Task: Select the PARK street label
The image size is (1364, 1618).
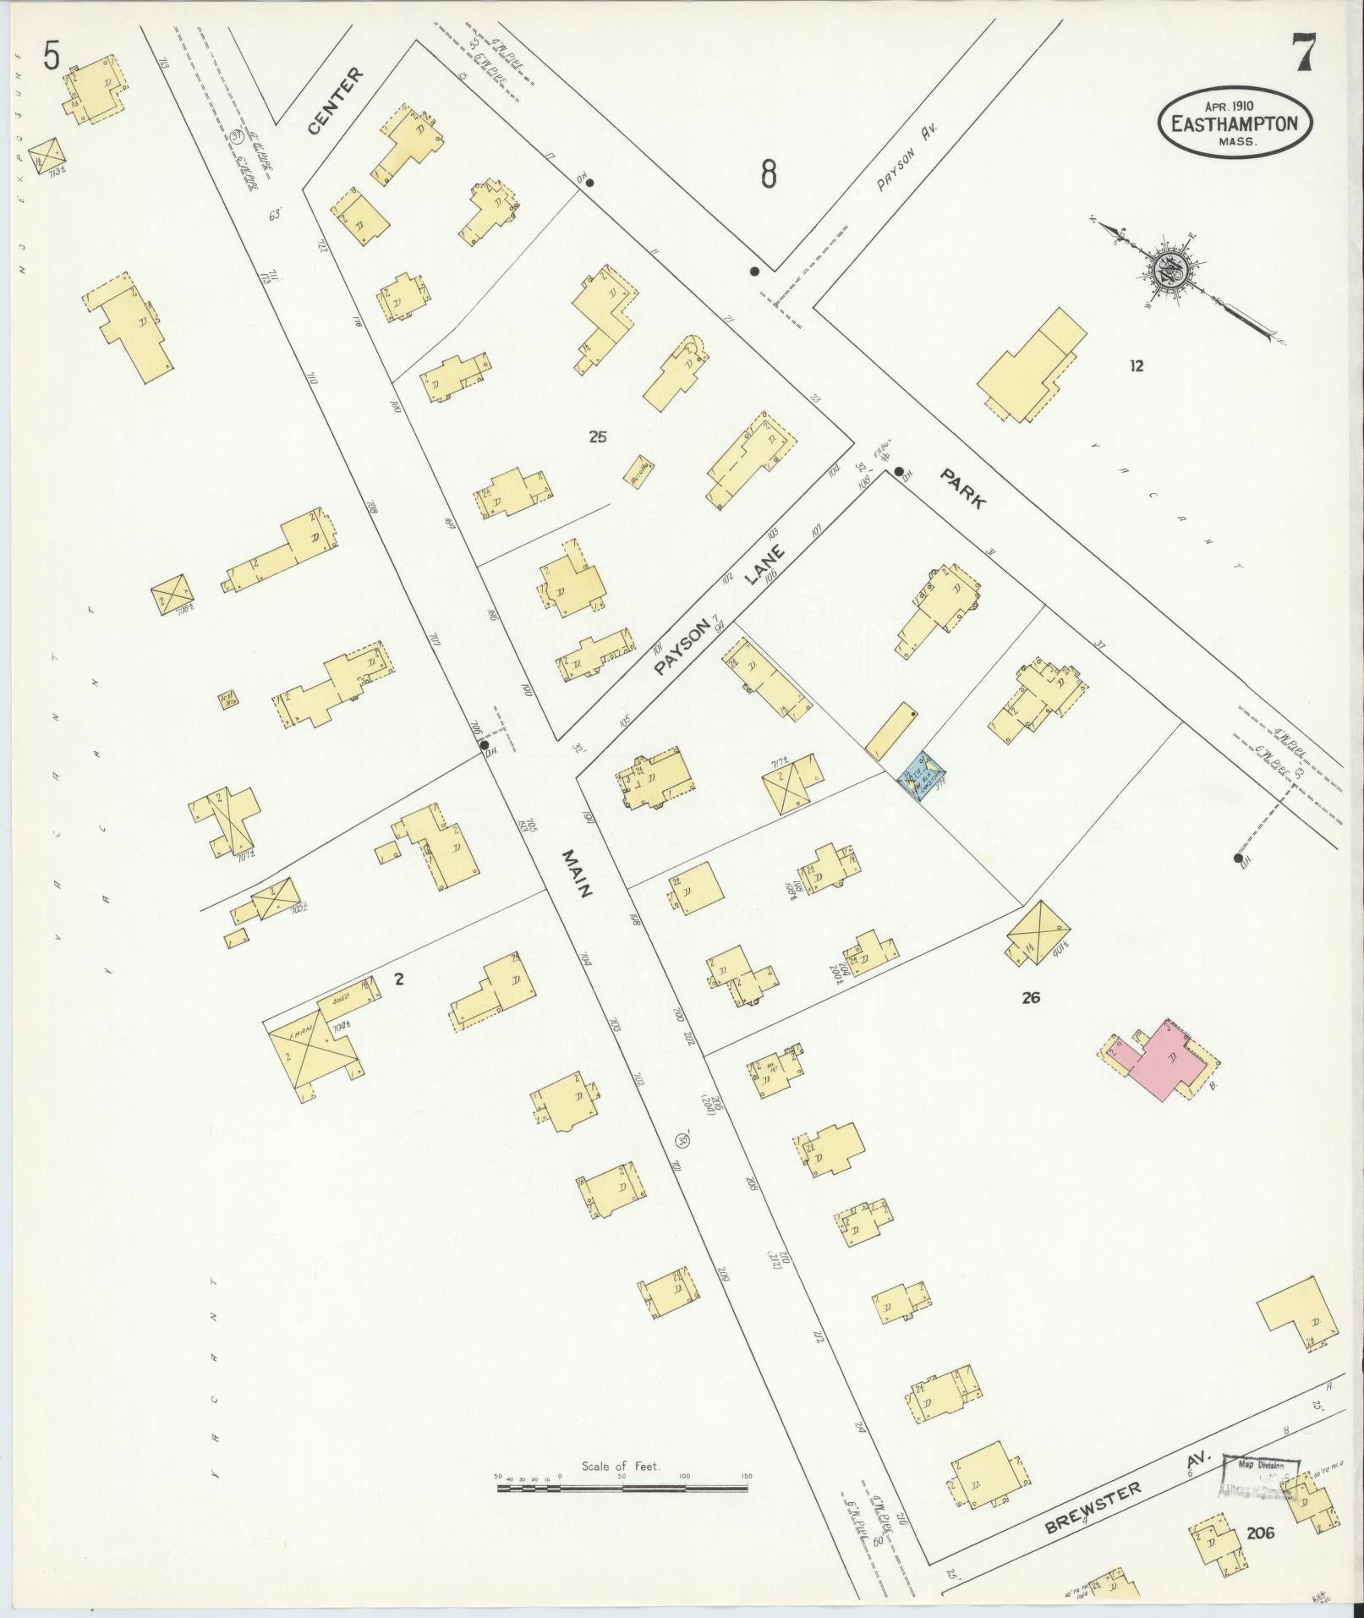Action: pyautogui.click(x=964, y=489)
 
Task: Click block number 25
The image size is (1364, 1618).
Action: pyautogui.click(x=599, y=437)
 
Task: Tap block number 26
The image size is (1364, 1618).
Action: pyautogui.click(x=1030, y=997)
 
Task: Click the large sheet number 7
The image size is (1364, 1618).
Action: pyautogui.click(x=1302, y=57)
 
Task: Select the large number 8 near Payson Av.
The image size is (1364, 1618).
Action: pyautogui.click(x=768, y=174)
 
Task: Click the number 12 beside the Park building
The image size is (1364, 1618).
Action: pyautogui.click(x=1136, y=365)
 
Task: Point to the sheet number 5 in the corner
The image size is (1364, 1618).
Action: pyautogui.click(x=52, y=57)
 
